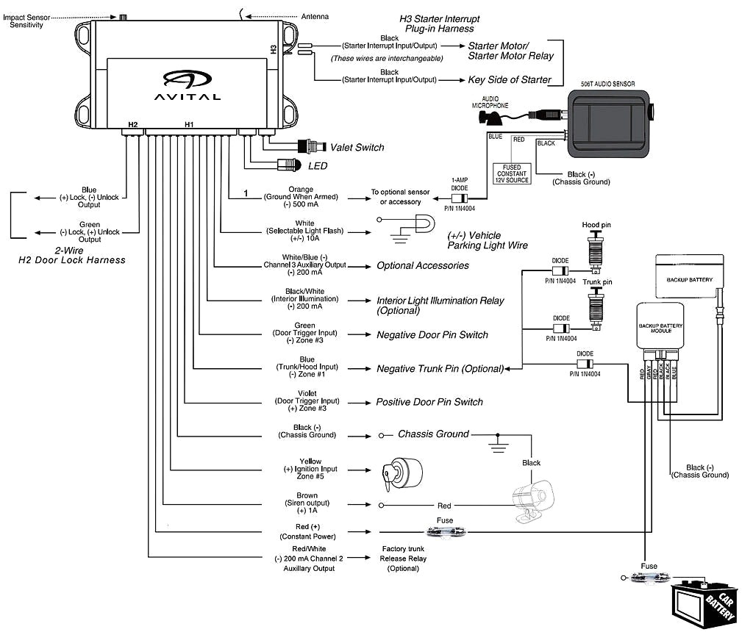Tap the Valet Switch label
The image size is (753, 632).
(x=357, y=147)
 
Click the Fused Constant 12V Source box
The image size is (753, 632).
(x=512, y=174)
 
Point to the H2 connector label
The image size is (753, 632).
(x=132, y=124)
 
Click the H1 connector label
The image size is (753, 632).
(x=188, y=124)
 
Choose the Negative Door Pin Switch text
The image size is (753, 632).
(x=432, y=334)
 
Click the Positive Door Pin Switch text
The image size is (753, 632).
(x=429, y=402)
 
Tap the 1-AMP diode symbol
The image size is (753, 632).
(x=462, y=198)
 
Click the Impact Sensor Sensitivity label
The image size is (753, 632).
(x=27, y=20)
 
